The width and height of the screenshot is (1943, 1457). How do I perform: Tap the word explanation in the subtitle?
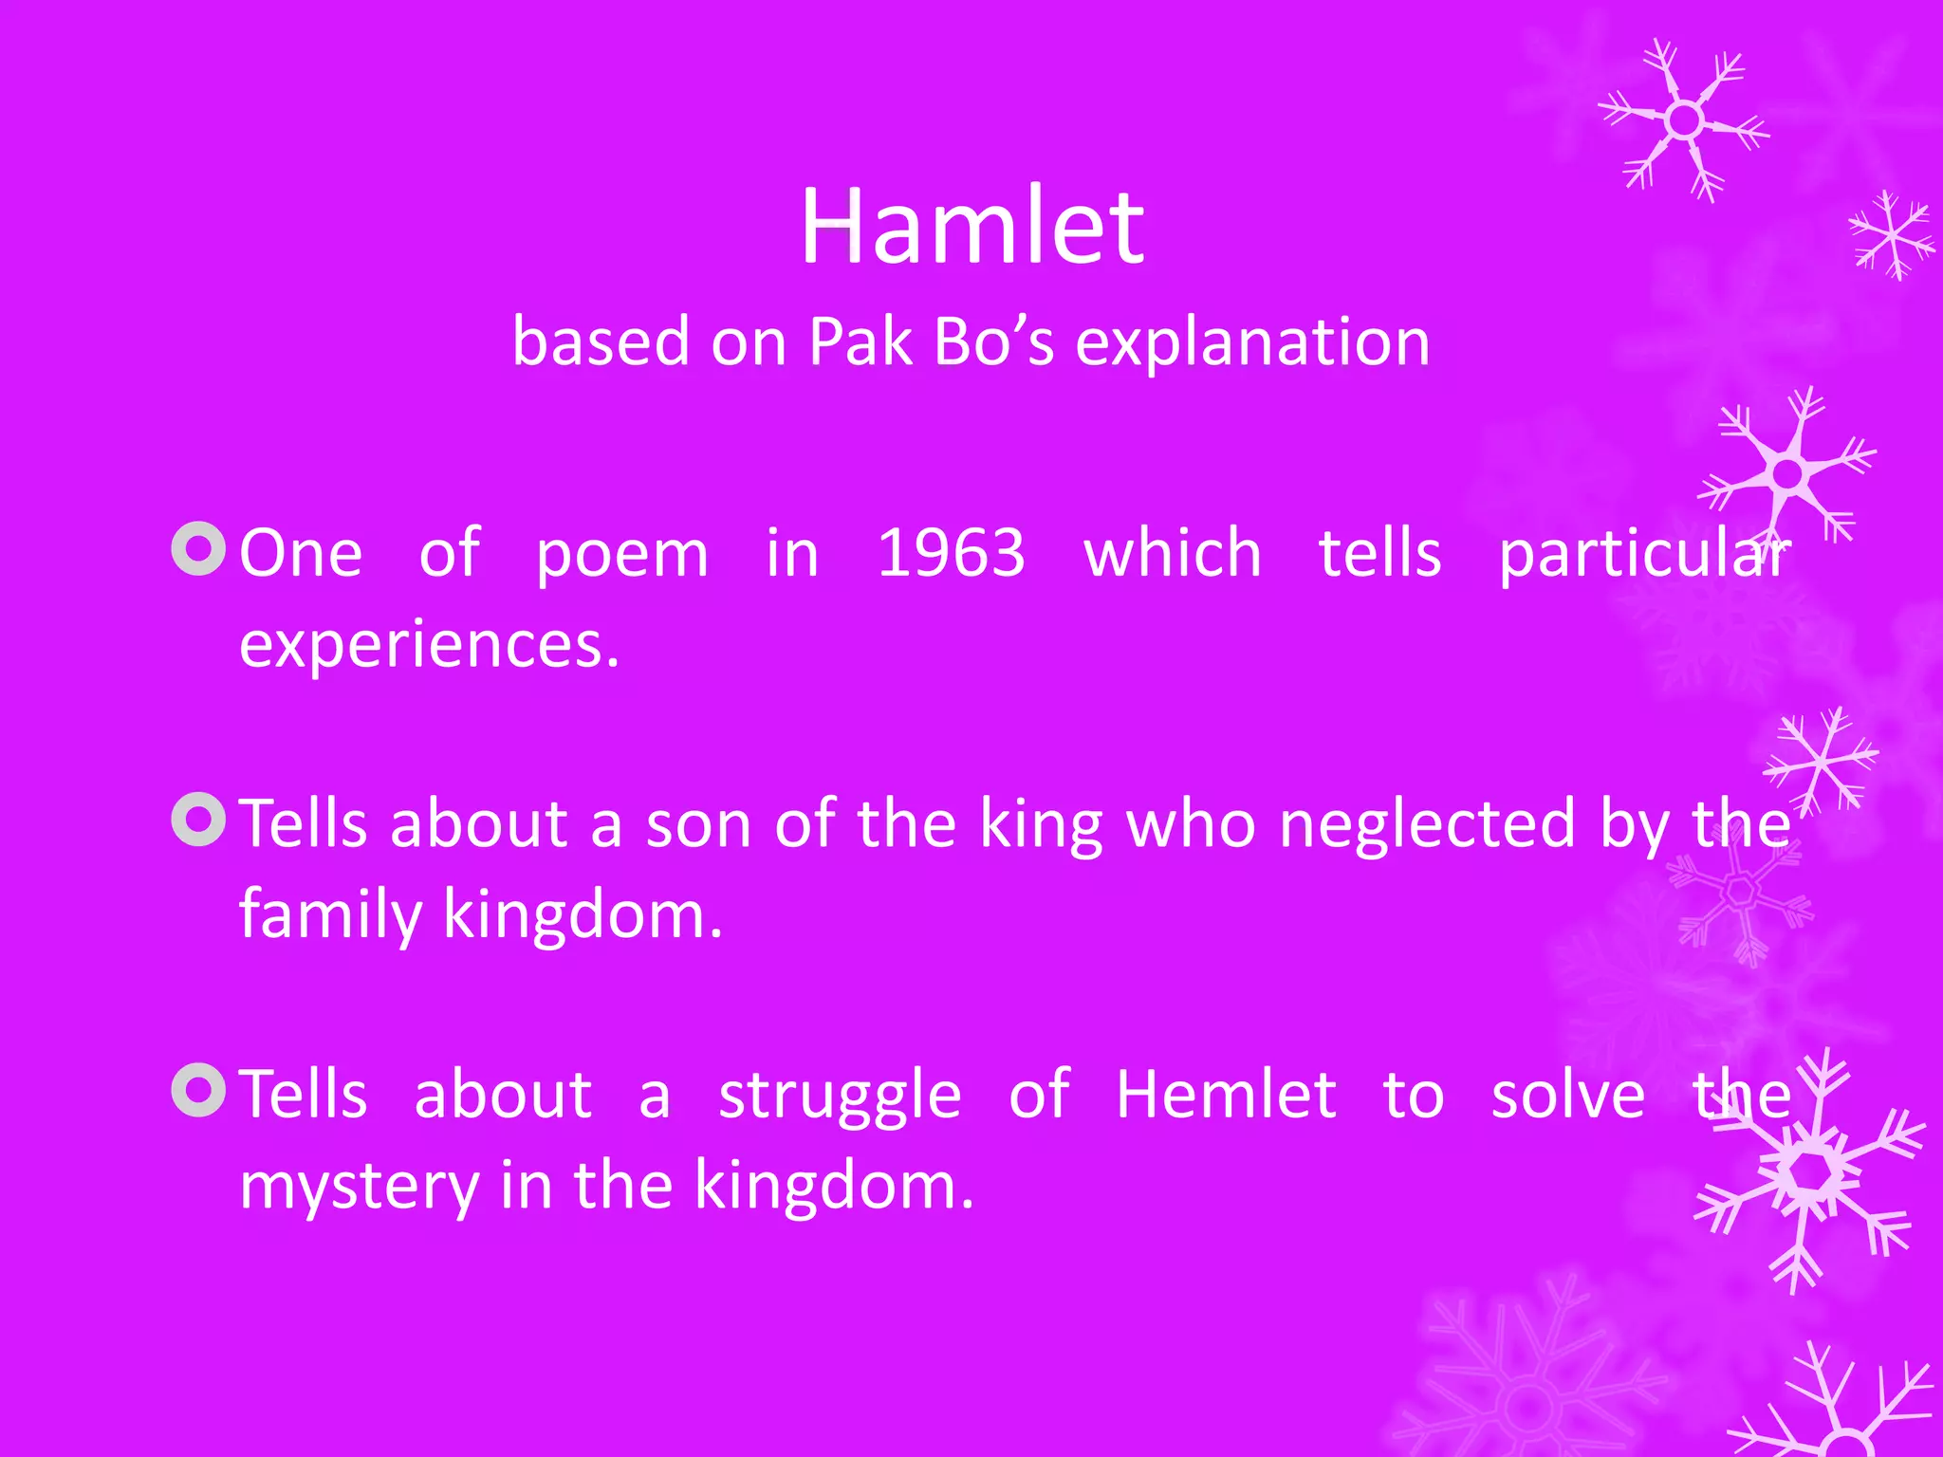coord(1252,341)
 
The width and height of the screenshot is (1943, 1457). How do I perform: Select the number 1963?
coord(951,553)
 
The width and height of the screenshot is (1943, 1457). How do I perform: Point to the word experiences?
coord(429,646)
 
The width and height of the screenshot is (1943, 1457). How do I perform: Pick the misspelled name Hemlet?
coord(1226,1095)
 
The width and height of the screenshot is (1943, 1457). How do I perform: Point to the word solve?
coord(1567,1095)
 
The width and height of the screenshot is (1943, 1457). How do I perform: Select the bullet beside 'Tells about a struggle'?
coord(199,1090)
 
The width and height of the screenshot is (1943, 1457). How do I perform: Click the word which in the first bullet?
coord(1172,553)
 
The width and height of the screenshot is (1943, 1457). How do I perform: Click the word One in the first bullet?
coord(301,553)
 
